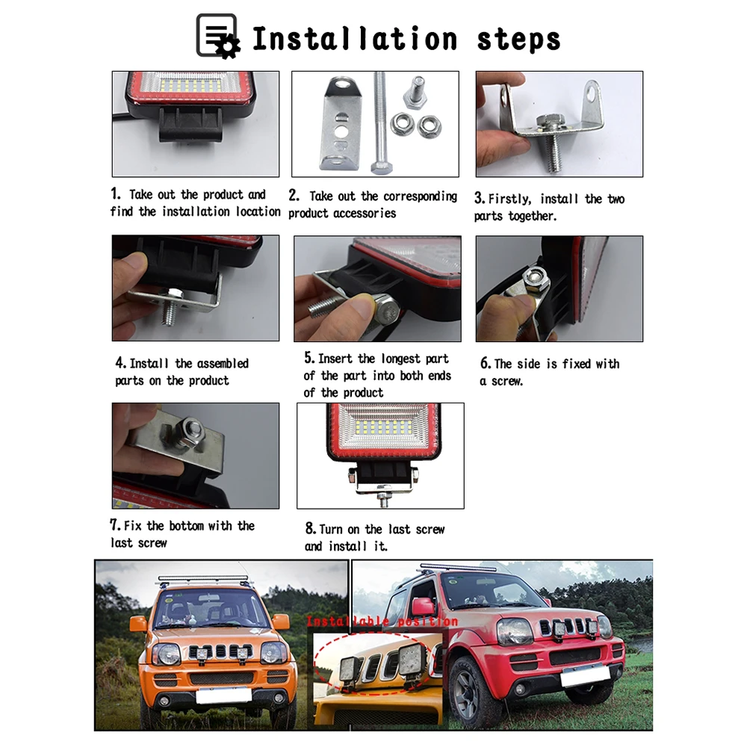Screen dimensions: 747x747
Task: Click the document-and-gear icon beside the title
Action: [217, 36]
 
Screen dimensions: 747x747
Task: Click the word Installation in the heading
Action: [355, 39]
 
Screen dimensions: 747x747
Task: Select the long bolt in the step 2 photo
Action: [380, 123]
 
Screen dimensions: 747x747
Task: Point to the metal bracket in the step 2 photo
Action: [341, 124]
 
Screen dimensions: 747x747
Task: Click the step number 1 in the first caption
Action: [115, 193]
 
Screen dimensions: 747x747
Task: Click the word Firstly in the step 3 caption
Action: [509, 199]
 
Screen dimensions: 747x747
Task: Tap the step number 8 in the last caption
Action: [310, 528]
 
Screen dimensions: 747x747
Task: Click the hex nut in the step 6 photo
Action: [536, 279]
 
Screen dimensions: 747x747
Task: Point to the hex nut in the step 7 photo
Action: [193, 431]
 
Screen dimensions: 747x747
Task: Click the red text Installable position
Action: [382, 622]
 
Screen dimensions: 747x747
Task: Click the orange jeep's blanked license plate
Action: [223, 695]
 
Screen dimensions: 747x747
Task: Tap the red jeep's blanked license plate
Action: [585, 675]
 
